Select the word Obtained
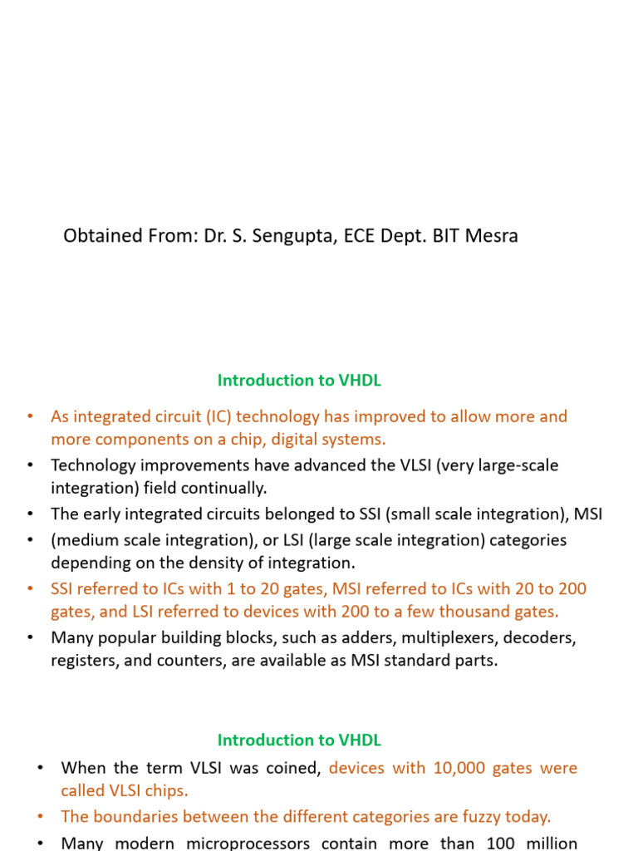point(102,236)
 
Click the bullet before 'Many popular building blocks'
point(31,638)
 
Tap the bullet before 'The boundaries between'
point(41,817)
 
